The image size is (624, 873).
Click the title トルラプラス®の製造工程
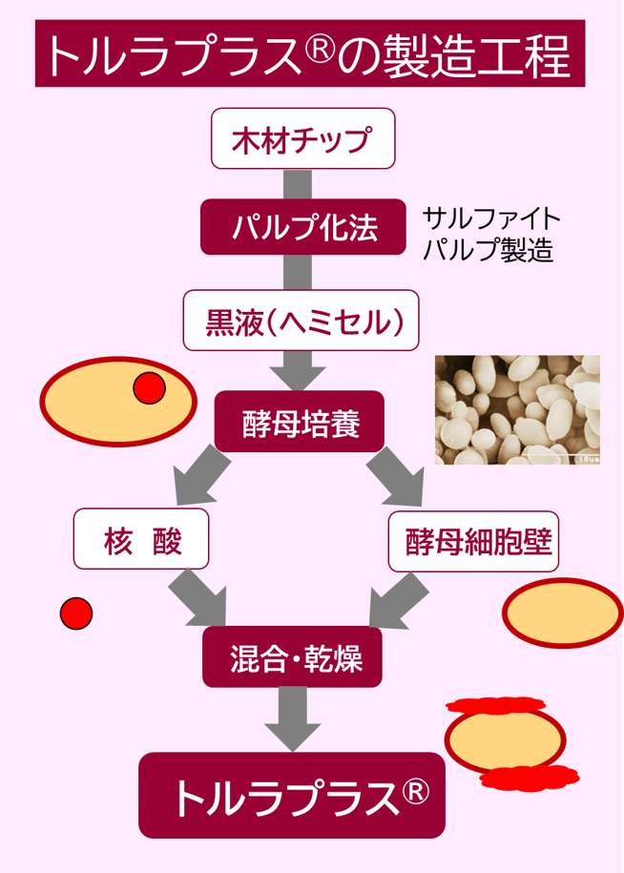[x=310, y=54]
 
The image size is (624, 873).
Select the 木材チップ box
[x=302, y=139]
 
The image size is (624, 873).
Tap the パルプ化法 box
[x=303, y=227]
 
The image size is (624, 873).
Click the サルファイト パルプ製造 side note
[x=490, y=235]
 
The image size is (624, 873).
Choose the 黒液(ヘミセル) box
[x=301, y=321]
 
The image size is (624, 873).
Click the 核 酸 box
[x=141, y=540]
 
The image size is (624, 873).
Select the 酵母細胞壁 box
[x=473, y=540]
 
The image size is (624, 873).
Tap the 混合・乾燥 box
[x=293, y=657]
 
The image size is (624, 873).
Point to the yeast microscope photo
[x=517, y=410]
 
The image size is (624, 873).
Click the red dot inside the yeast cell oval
[x=150, y=388]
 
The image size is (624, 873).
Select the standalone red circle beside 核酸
[x=76, y=613]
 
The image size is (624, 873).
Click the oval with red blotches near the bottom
[x=505, y=740]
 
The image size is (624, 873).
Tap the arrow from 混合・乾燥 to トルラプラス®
[x=292, y=717]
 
